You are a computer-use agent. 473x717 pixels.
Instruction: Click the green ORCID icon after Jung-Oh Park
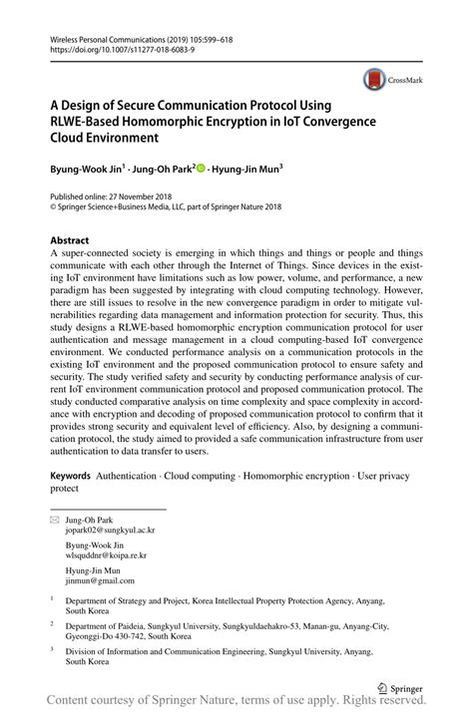click(x=201, y=170)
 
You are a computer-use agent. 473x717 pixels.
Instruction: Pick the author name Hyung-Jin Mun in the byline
click(x=246, y=171)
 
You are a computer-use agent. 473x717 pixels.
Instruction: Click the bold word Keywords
click(x=71, y=477)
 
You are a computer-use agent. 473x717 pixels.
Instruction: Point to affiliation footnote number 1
click(x=52, y=600)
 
